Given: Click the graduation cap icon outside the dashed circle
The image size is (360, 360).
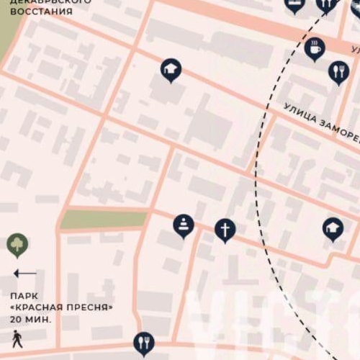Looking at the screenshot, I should coord(171,69).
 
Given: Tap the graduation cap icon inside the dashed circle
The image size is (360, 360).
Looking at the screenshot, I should coord(333,228).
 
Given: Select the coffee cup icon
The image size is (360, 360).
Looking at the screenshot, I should coord(315,48).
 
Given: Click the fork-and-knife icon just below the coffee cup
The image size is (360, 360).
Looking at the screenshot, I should coord(338,71).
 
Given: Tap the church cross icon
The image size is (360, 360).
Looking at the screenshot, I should coord(225,230).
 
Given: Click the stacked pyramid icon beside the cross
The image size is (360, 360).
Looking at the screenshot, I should coord(184,225).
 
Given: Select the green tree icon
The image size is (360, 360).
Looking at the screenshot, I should coord(17,245).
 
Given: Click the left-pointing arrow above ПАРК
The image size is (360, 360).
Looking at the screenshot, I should coord(24,273).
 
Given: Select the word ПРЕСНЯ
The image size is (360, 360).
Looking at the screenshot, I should coord(92,307).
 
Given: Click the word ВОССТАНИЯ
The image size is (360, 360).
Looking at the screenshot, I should coord(41,12).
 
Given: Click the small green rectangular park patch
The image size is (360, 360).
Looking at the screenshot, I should coord(103,219).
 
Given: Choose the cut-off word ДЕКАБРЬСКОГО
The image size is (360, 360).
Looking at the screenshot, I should coord(50,2).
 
